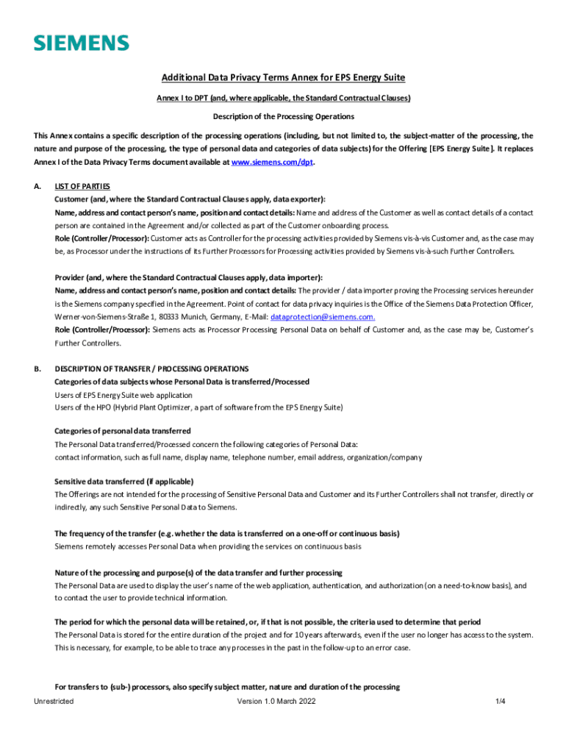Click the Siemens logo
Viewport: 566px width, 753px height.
click(81, 43)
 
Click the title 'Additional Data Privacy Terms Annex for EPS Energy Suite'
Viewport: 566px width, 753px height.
click(283, 78)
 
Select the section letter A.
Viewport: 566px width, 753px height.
click(37, 186)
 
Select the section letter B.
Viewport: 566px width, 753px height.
click(37, 368)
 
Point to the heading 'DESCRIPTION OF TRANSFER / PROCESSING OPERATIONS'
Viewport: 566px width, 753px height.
click(151, 368)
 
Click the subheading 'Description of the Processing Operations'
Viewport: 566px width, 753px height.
click(283, 116)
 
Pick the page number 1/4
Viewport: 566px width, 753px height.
click(501, 702)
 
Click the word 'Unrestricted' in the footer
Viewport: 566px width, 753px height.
click(54, 702)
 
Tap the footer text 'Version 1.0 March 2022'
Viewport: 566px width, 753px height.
click(276, 702)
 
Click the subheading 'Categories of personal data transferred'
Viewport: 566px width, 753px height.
click(123, 430)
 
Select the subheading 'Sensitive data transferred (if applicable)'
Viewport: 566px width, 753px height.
click(124, 481)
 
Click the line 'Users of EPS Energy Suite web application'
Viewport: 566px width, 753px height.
click(123, 395)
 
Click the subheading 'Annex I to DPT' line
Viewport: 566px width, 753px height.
click(283, 98)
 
